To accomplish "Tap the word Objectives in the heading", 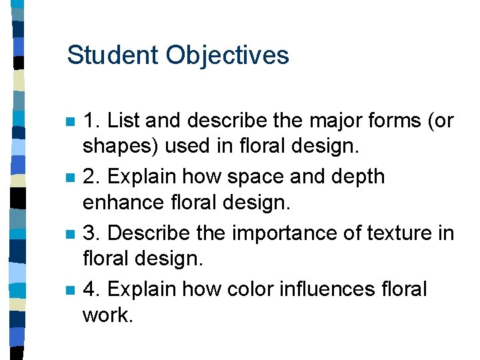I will (x=227, y=56).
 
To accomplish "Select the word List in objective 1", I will (x=124, y=121).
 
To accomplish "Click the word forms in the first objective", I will (x=383, y=121).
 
